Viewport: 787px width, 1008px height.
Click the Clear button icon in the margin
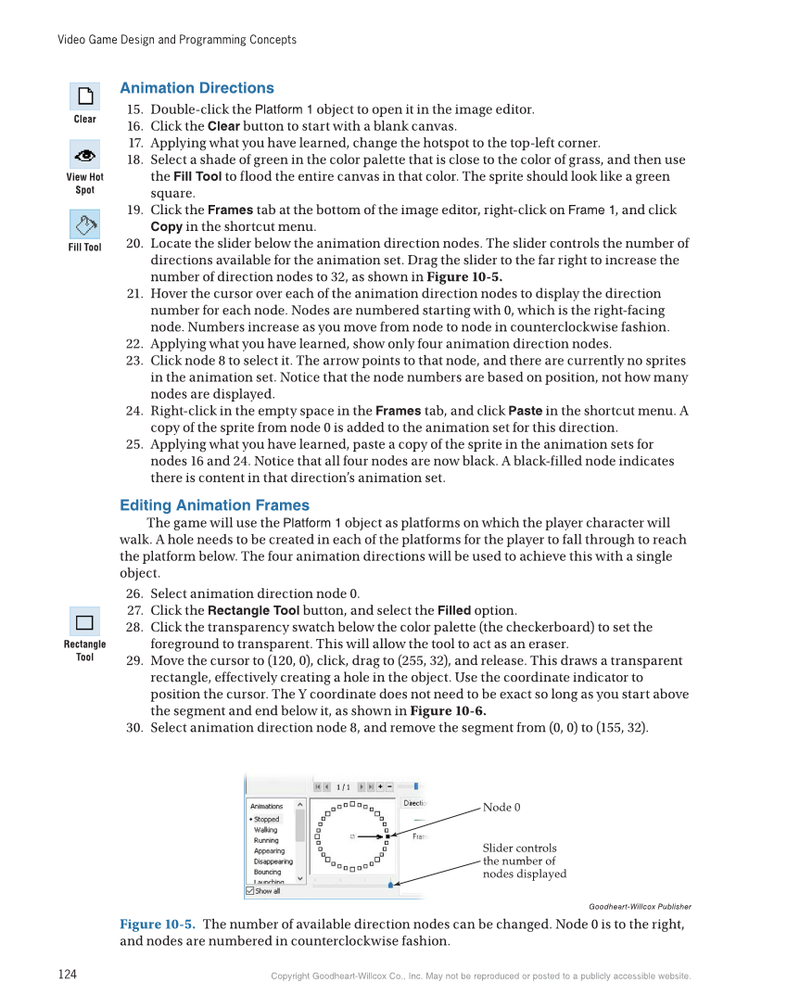(x=84, y=96)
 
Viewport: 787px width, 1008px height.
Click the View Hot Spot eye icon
(x=84, y=154)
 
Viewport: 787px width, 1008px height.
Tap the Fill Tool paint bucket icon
(x=84, y=224)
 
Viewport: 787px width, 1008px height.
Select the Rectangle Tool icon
(x=84, y=621)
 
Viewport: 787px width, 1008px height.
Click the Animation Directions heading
(x=197, y=88)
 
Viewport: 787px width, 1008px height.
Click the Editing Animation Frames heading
(x=214, y=505)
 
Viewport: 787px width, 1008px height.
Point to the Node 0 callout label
(x=501, y=808)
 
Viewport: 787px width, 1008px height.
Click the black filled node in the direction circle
(x=387, y=836)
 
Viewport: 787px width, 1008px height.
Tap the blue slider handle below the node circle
(x=390, y=885)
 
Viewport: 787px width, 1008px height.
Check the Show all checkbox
(x=250, y=891)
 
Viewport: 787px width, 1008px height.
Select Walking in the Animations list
(x=266, y=830)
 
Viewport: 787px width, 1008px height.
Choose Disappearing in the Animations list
(x=273, y=861)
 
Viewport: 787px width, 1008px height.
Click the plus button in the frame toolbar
(x=380, y=786)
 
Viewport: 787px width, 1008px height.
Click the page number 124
(x=67, y=974)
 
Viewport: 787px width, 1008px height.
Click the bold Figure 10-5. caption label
(x=158, y=925)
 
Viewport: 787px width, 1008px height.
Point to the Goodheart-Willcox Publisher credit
(x=640, y=907)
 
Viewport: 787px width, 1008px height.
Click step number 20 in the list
(x=134, y=244)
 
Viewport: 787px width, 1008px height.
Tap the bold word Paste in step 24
(x=526, y=411)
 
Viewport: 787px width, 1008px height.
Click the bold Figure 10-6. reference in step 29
(x=448, y=711)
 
